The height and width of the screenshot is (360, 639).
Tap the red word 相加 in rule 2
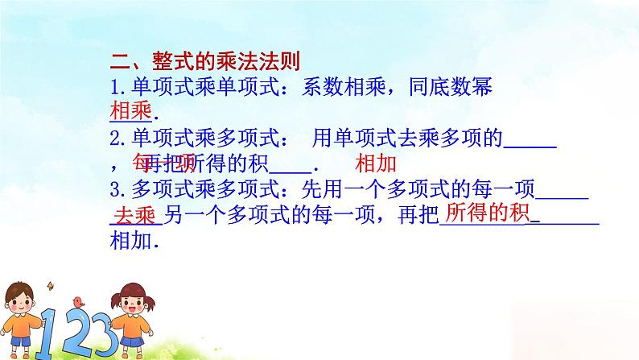[375, 163]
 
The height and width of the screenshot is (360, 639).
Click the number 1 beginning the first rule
[115, 87]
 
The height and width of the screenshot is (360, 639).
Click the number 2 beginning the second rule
[115, 139]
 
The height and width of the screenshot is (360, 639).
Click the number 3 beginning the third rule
[115, 191]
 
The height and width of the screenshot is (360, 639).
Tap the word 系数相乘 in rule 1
[332, 87]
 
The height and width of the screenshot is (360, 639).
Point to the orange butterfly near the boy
[53, 283]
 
